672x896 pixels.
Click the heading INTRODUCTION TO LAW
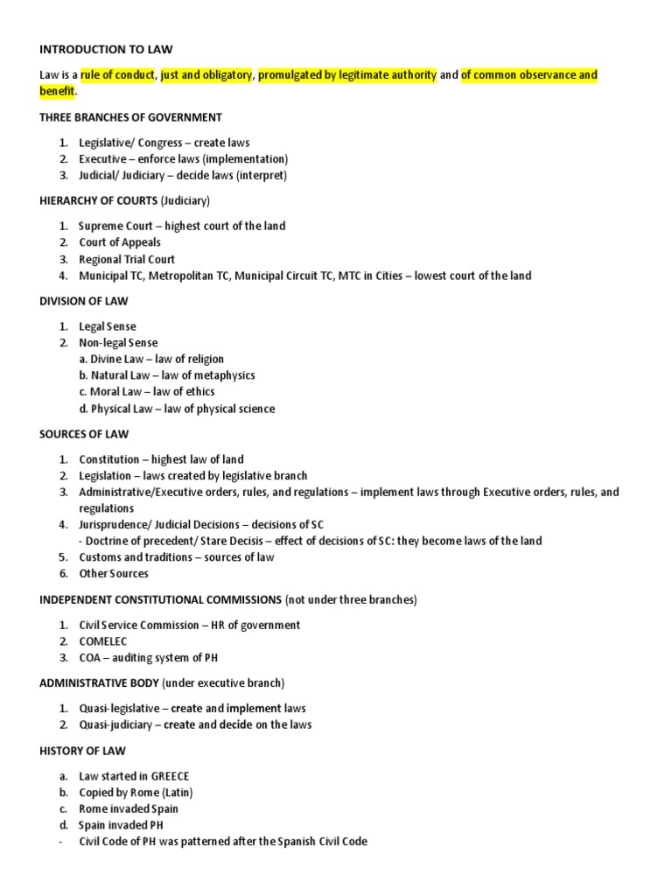tap(112, 50)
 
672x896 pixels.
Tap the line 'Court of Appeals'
tap(120, 242)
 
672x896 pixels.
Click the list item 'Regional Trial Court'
tap(127, 259)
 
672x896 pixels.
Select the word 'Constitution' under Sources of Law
tap(109, 459)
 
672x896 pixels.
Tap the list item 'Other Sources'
tap(114, 574)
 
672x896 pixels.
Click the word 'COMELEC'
tap(103, 641)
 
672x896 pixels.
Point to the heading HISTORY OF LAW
tap(83, 751)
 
